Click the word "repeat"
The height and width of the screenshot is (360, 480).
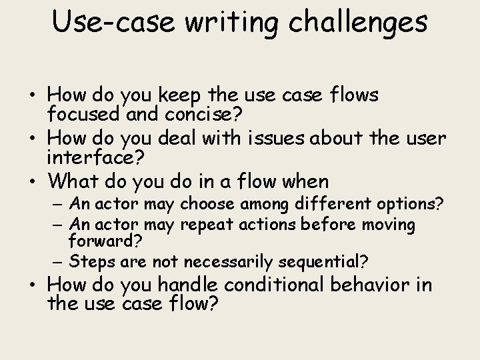coord(204,225)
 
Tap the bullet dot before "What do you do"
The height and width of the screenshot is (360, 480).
coord(37,181)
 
